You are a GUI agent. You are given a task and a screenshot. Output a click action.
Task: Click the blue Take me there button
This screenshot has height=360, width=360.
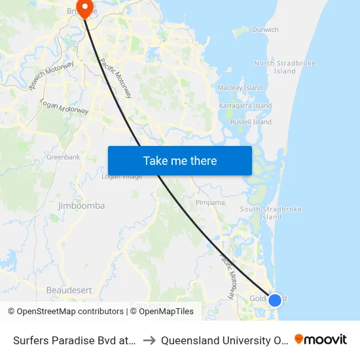click(179, 160)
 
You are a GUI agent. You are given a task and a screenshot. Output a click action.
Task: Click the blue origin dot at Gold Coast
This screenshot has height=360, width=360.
click(275, 300)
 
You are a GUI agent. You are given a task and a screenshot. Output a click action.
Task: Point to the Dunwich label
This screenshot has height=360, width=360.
click(265, 29)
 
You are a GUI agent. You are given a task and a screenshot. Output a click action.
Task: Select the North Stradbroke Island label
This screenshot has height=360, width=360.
click(284, 67)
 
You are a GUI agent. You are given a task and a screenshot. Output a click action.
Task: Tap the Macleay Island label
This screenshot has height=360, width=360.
click(240, 88)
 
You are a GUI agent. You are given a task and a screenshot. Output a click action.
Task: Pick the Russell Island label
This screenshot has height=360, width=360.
click(252, 122)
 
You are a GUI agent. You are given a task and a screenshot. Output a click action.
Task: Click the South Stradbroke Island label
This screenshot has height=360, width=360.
click(270, 213)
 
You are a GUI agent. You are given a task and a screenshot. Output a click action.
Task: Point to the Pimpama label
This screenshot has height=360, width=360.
click(210, 203)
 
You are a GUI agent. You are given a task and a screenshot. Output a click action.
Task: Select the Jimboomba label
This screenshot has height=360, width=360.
click(81, 206)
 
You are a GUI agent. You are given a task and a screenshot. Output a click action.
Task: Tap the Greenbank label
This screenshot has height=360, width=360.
click(63, 157)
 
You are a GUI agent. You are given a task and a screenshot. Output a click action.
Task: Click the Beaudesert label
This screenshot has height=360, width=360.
click(69, 289)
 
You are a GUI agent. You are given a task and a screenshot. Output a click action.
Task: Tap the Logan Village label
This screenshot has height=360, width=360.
click(122, 176)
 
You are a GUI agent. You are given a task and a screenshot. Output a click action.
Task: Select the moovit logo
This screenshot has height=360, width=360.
click(321, 340)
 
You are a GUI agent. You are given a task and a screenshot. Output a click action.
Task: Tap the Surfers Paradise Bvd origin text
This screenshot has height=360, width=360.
click(74, 340)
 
